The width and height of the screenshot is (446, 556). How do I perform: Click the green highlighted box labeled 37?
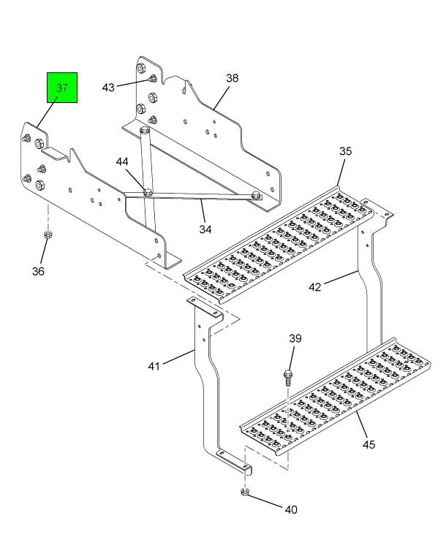pos(62,88)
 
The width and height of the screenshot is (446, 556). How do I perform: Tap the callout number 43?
pos(108,87)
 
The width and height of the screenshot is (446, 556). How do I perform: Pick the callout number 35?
pos(345,151)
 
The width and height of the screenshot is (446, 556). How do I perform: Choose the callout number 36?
pos(37,271)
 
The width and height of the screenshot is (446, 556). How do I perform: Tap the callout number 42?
pos(315,286)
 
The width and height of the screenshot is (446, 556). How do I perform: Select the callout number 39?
pos(295,338)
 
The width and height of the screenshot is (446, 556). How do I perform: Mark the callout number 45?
pos(370,443)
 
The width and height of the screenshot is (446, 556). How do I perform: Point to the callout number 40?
pos(290,509)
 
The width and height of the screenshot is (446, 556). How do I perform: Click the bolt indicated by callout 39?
pos(287,377)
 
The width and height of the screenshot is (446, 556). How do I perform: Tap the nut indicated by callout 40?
pos(245,493)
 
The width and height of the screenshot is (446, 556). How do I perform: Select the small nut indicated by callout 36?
pos(48,235)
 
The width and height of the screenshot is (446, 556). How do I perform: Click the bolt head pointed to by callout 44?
pos(147,191)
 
